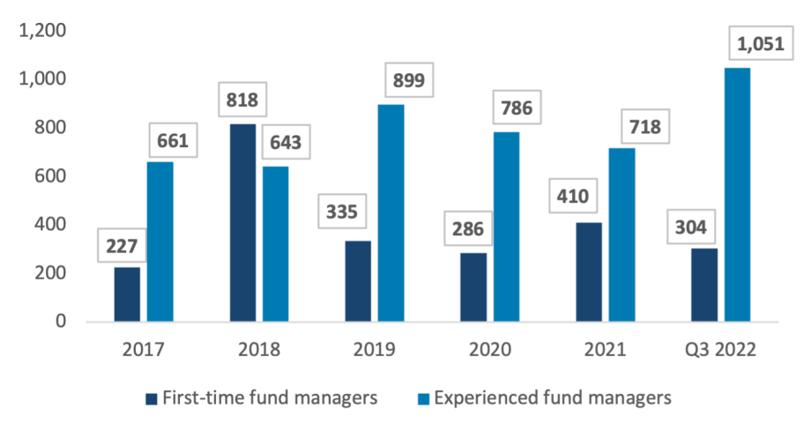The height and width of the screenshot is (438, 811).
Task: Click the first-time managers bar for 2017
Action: tap(127, 294)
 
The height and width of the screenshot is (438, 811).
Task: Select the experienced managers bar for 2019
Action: tap(391, 213)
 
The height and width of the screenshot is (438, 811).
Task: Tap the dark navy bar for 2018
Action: tap(242, 223)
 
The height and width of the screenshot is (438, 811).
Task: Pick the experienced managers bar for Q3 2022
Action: tap(737, 195)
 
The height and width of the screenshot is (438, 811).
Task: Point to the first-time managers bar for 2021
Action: tap(589, 272)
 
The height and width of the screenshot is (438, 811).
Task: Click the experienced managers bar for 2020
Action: tap(506, 227)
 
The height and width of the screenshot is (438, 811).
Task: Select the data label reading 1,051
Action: tap(761, 43)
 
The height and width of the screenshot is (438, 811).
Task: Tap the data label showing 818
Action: tap(242, 100)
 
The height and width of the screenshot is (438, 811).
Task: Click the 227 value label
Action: tap(122, 246)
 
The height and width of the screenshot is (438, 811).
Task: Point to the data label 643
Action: tap(286, 142)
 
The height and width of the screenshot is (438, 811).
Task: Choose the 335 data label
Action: tap(342, 211)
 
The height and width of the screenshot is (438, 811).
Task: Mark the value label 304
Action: tap(691, 226)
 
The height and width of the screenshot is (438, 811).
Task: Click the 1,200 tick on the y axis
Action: tap(42, 30)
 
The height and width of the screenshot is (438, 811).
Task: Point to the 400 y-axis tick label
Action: tap(50, 224)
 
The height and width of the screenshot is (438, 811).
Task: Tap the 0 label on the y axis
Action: tap(61, 321)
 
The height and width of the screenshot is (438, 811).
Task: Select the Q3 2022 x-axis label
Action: tap(720, 350)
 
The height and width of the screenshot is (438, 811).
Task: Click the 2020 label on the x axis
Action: tap(490, 350)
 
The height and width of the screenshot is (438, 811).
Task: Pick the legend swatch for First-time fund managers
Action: tap(151, 398)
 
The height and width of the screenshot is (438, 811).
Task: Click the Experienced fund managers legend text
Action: tap(553, 397)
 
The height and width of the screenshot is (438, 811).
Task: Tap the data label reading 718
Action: tap(645, 126)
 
